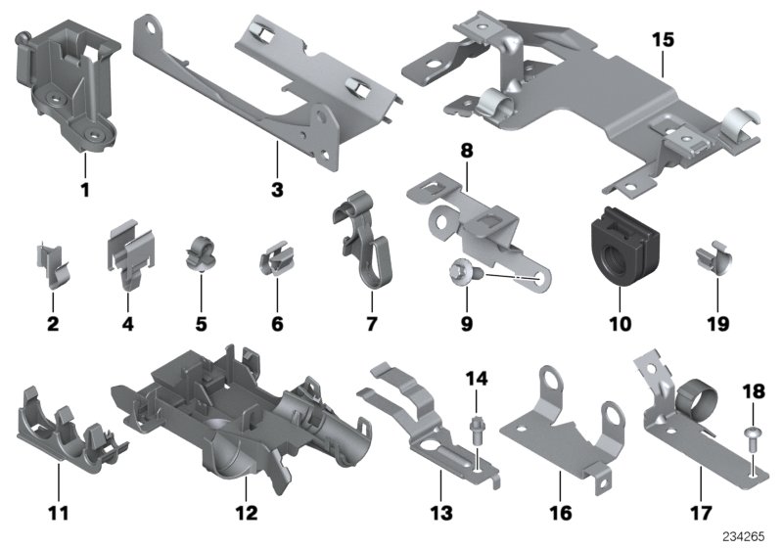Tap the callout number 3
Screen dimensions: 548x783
(x=278, y=188)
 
